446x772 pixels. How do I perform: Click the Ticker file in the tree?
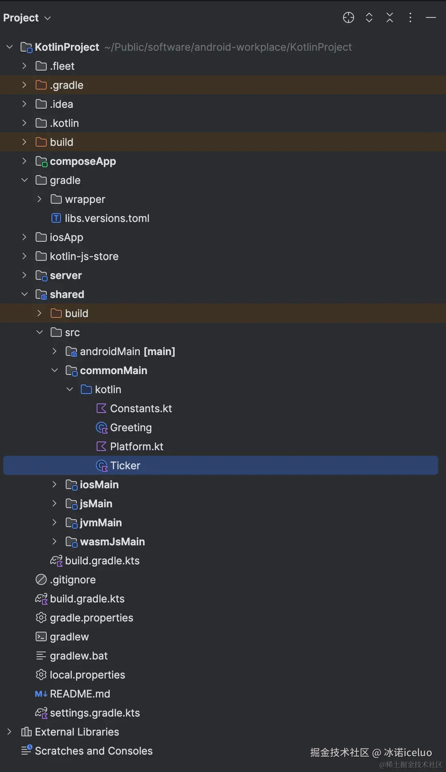(x=125, y=466)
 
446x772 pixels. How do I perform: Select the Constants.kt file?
(x=141, y=409)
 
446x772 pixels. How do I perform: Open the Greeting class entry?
(x=131, y=428)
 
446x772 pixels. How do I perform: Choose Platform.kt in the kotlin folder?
(x=136, y=447)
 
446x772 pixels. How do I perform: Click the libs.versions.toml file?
(x=107, y=218)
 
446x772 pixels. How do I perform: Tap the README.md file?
(x=80, y=694)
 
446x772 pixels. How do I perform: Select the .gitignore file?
(x=72, y=580)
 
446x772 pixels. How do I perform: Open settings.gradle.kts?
(x=95, y=713)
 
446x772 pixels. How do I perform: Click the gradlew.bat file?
(x=78, y=656)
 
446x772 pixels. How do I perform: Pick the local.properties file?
(x=87, y=675)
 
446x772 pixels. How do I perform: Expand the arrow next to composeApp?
(x=25, y=161)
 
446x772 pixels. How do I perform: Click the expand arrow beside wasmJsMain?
(x=55, y=541)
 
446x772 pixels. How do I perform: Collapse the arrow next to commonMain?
(x=55, y=370)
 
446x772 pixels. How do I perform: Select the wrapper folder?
(x=85, y=199)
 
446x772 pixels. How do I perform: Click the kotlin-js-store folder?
(x=84, y=256)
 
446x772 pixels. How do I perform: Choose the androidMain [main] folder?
(x=127, y=352)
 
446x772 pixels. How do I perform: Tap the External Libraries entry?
(x=77, y=732)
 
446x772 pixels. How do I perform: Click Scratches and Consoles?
(x=93, y=751)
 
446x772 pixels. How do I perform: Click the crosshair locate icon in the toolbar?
(x=348, y=18)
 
